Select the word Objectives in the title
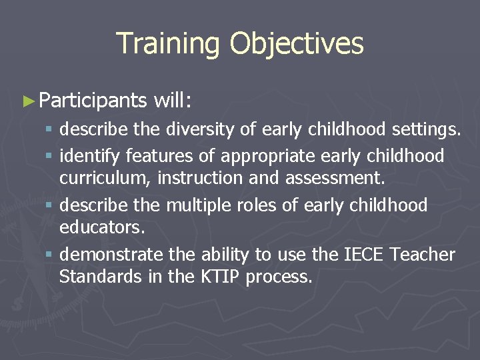[297, 44]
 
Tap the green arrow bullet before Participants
[28, 101]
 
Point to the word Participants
[93, 101]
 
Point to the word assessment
[333, 178]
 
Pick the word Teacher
[423, 255]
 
